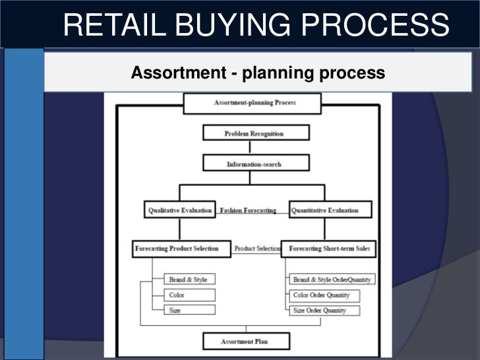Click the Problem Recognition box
pyautogui.click(x=255, y=133)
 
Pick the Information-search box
pyautogui.click(x=255, y=164)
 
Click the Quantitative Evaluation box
pyautogui.click(x=330, y=210)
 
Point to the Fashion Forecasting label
pyautogui.click(x=248, y=210)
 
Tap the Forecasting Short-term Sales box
pyautogui.click(x=329, y=249)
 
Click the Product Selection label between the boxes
pyautogui.click(x=256, y=249)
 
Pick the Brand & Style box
pyautogui.click(x=189, y=280)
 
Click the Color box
pyautogui.click(x=189, y=295)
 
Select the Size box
pyautogui.click(x=189, y=310)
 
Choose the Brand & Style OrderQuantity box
pyautogui.click(x=331, y=280)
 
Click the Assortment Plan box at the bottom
pyautogui.click(x=245, y=341)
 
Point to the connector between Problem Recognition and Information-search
pyautogui.click(x=250, y=148)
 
